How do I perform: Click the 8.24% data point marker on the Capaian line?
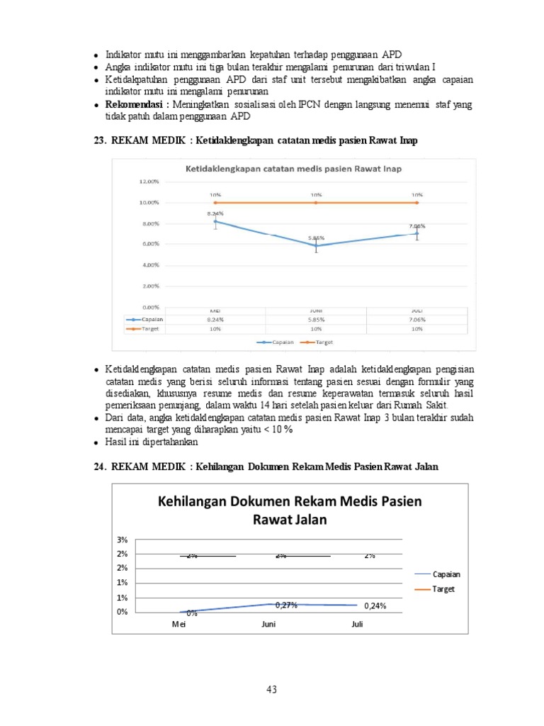215,221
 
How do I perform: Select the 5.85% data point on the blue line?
316,245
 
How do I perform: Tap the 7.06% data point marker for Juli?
416,233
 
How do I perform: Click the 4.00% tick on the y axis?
149,265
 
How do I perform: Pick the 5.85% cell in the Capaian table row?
316,319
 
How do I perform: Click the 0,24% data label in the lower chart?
375,606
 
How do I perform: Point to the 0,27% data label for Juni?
286,605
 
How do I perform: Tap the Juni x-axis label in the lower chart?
268,625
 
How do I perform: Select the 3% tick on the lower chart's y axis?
123,540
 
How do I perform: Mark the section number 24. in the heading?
100,466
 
